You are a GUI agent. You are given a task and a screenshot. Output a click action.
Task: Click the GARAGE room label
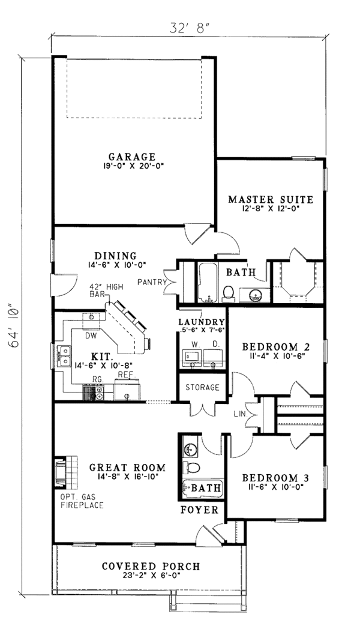(x=132, y=157)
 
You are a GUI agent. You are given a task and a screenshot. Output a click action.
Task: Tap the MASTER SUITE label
(x=271, y=199)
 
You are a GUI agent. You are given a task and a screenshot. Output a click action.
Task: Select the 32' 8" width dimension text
(x=189, y=28)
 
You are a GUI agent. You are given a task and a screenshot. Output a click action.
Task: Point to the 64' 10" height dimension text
(x=14, y=327)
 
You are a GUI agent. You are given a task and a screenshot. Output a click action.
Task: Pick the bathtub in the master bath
(x=208, y=283)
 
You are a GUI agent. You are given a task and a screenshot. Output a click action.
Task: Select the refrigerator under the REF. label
(x=127, y=390)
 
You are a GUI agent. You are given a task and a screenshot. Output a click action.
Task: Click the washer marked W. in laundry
(x=193, y=358)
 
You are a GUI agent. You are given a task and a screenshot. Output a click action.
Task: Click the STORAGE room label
(x=202, y=387)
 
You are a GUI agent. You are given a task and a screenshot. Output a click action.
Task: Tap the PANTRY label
(x=152, y=283)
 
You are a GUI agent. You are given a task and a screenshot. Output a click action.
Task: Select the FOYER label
(x=199, y=510)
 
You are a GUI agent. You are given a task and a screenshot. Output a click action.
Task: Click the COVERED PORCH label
(x=151, y=566)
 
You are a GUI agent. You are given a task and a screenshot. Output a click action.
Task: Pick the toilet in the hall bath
(x=192, y=467)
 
